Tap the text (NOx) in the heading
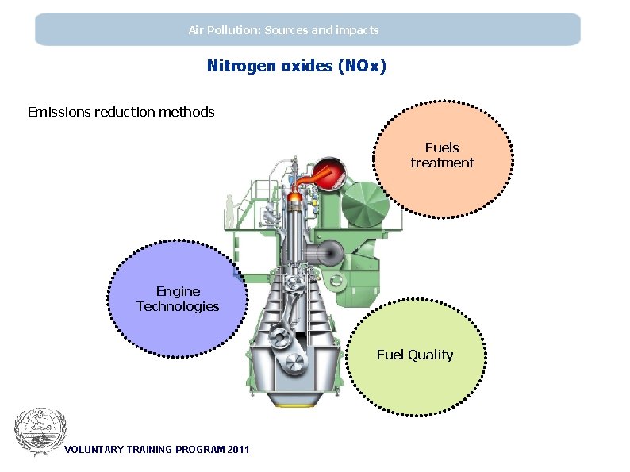[x=362, y=66]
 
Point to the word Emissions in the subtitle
[x=59, y=112]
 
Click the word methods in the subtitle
[x=187, y=112]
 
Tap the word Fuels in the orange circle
[x=442, y=148]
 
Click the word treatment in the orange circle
[x=442, y=163]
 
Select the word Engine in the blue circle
[x=178, y=291]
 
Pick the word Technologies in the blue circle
[x=178, y=306]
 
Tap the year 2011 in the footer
[x=237, y=450]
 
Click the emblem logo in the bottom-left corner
[x=40, y=432]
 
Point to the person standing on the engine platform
[x=230, y=210]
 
